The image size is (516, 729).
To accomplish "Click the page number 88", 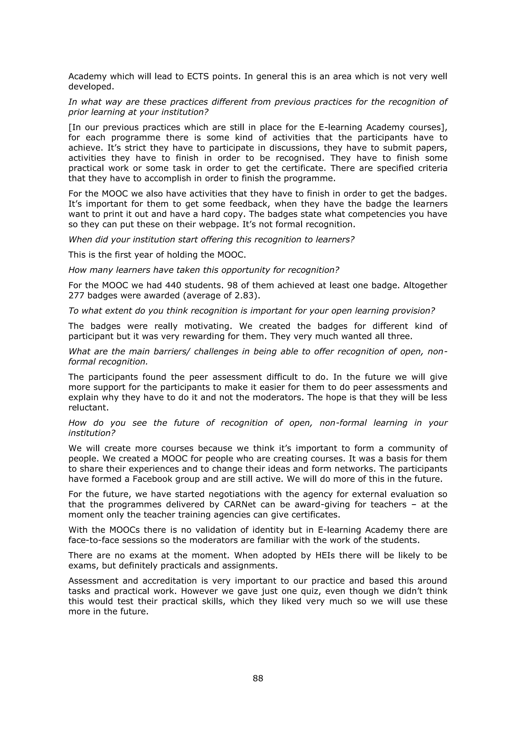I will click(x=258, y=678).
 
